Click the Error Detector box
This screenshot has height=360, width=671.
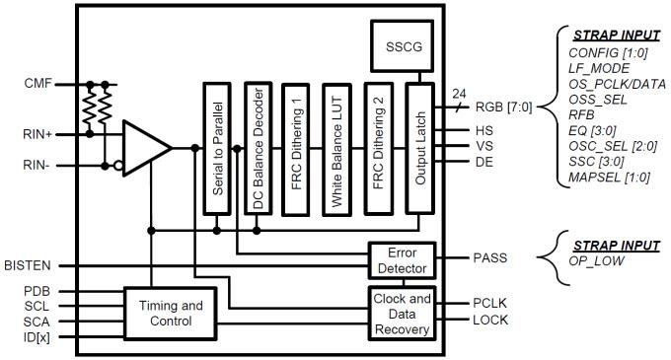coord(400,259)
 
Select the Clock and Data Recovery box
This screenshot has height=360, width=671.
coord(400,313)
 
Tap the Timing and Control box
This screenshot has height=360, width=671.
coord(166,313)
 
